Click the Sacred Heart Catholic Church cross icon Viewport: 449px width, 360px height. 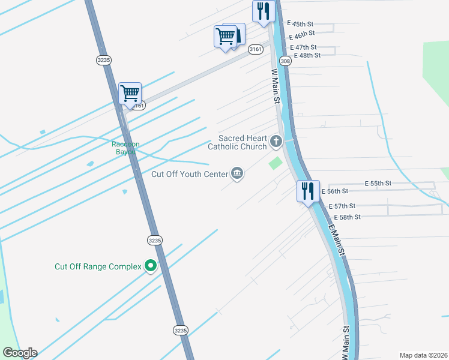pos(276,142)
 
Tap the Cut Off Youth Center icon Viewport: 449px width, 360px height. pos(237,174)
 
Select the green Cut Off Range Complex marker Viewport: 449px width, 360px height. pos(150,266)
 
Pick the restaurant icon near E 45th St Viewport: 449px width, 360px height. pos(263,11)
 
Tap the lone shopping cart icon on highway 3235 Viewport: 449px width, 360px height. pos(130,94)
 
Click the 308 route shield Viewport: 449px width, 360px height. pos(286,61)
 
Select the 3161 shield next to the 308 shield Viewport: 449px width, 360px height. pos(255,49)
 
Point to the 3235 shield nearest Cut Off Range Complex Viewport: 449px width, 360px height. pos(154,239)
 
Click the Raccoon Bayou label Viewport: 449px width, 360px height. pos(124,148)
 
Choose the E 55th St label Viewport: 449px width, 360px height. pos(378,183)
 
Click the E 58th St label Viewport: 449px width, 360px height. pos(347,217)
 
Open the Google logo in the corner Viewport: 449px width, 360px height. pos(20,353)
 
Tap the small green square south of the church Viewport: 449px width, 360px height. pos(276,163)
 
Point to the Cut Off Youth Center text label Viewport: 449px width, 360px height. pos(190,174)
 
